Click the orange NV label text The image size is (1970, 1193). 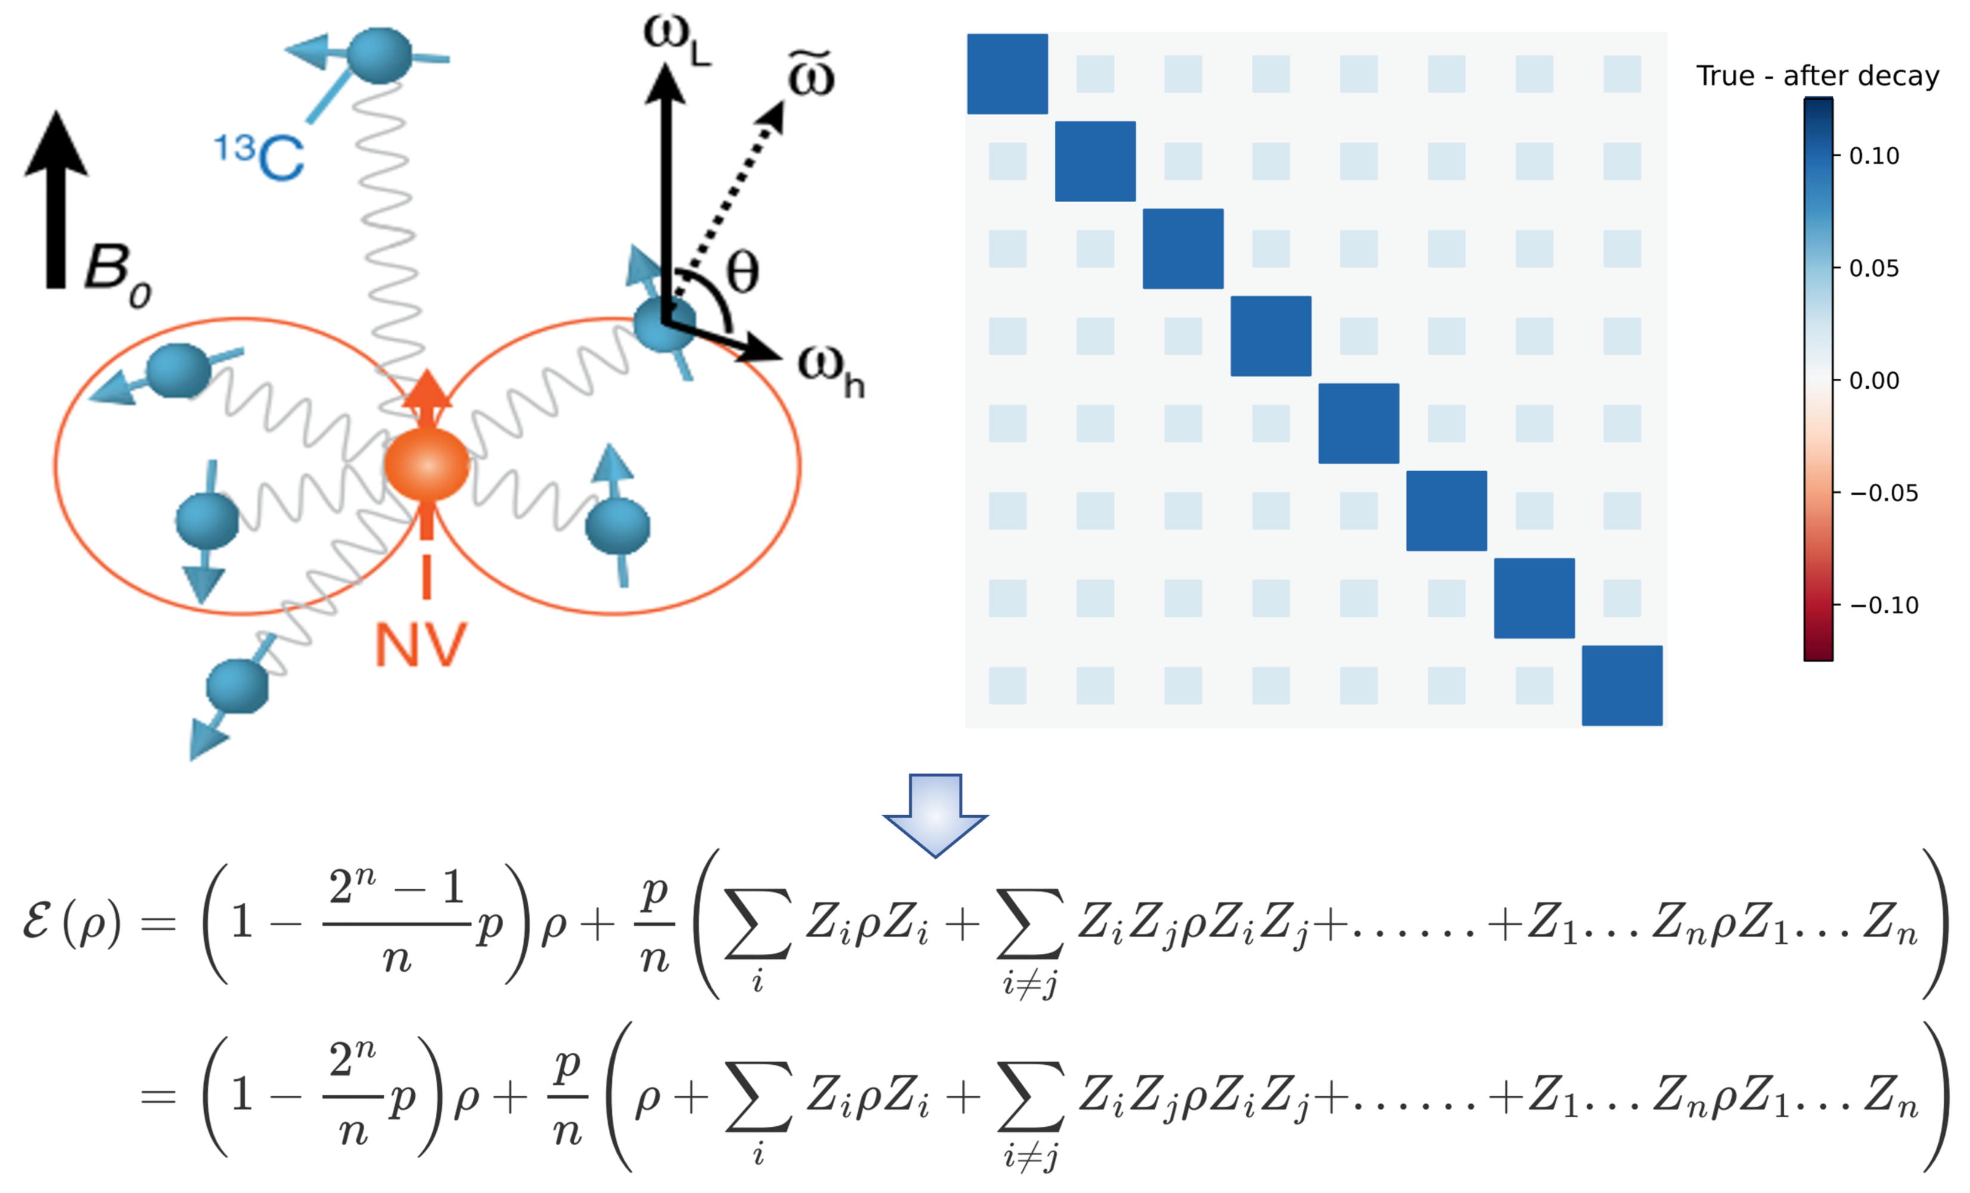click(420, 645)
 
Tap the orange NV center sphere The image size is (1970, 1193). click(426, 465)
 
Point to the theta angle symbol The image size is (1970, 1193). click(742, 273)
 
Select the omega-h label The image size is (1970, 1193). click(830, 372)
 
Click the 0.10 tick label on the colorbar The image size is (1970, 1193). click(1874, 156)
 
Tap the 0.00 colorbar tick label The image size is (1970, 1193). click(1874, 381)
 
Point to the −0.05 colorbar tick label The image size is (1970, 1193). click(1883, 493)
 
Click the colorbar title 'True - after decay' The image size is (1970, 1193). click(1817, 76)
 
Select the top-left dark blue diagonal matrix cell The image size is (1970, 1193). click(1008, 73)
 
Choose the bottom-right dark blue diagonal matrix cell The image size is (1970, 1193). click(1621, 685)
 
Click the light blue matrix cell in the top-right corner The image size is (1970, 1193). click(1621, 73)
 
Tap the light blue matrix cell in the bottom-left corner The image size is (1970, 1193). click(1008, 685)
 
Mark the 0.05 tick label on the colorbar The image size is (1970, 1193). click(1874, 268)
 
